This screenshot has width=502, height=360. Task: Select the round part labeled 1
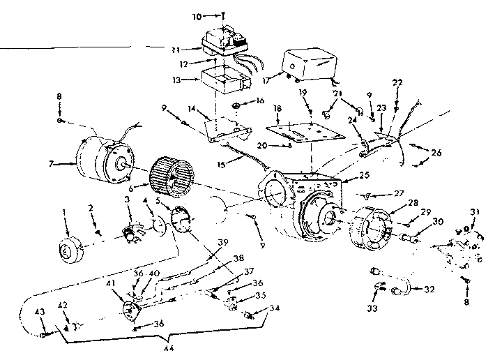[x=67, y=250]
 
